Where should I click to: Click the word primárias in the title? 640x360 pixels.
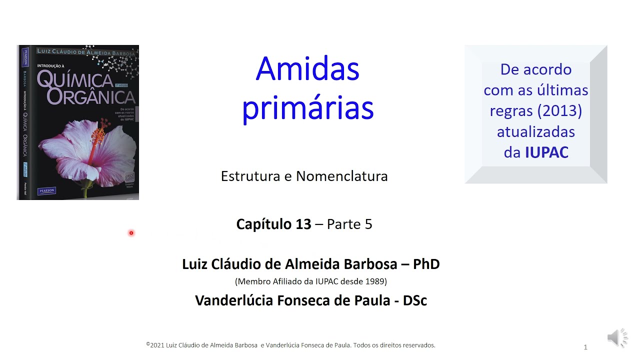(x=307, y=108)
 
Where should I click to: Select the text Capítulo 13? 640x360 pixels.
(x=273, y=224)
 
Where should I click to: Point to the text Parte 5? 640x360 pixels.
(x=349, y=224)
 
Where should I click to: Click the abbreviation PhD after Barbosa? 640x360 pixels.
(x=426, y=264)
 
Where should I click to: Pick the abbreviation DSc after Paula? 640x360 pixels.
(x=413, y=300)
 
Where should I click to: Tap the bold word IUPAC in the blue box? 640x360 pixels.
(x=546, y=152)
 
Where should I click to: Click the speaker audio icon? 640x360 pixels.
(x=616, y=338)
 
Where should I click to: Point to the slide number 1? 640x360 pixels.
(x=585, y=347)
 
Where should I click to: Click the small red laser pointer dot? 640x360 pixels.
(x=131, y=233)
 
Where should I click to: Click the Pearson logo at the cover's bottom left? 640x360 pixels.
(x=47, y=190)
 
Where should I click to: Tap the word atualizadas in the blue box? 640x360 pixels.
(x=535, y=132)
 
